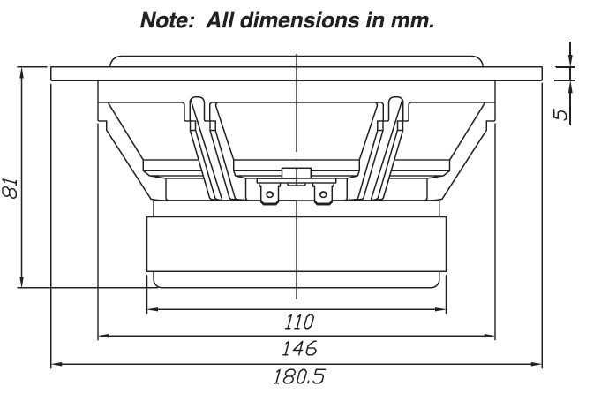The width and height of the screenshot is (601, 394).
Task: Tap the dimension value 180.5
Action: [297, 375]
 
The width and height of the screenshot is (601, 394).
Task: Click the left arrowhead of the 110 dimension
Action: [151, 309]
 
